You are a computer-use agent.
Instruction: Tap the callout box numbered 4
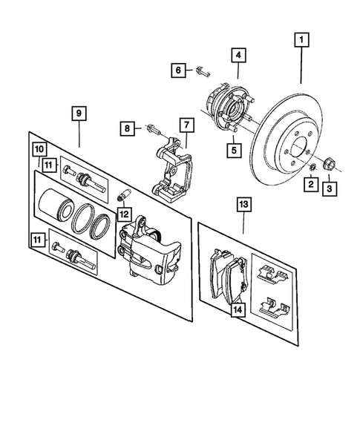click(x=238, y=54)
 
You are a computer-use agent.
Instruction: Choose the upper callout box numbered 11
click(x=48, y=165)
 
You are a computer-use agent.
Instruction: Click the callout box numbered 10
click(x=39, y=149)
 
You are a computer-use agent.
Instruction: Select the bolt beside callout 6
click(x=203, y=72)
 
